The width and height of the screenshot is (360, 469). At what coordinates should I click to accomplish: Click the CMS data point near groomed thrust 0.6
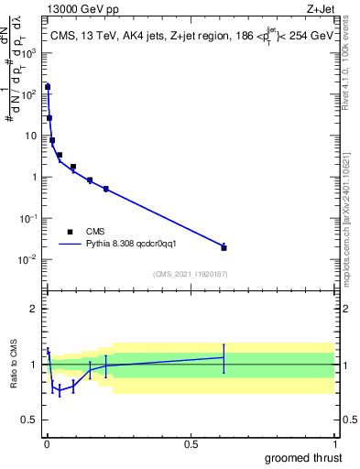click(x=224, y=247)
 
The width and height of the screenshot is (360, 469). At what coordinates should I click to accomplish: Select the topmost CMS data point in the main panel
click(x=48, y=87)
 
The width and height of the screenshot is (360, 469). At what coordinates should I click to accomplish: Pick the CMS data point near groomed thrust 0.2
click(x=106, y=189)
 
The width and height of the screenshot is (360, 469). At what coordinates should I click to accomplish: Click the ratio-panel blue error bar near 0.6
click(x=224, y=357)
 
